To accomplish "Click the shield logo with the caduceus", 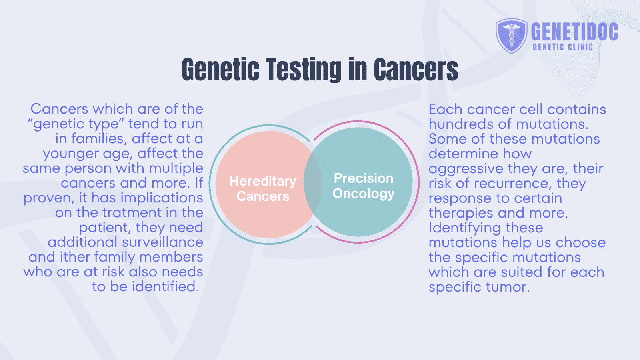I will (x=512, y=36).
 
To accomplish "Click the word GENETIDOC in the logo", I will (x=574, y=32).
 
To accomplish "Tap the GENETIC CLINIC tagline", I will (x=562, y=47).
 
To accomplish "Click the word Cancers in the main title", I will (x=416, y=70).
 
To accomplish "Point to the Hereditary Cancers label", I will (x=263, y=188).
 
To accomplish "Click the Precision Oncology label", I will (x=363, y=186).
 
